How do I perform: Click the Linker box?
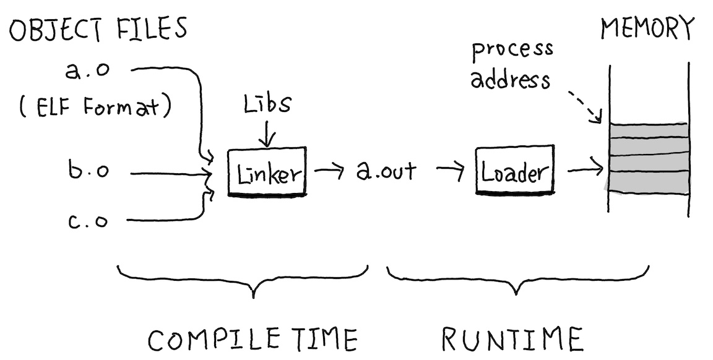click(x=267, y=171)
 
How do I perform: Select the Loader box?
click(x=514, y=171)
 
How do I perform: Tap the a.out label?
click(x=386, y=170)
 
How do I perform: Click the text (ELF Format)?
click(x=94, y=109)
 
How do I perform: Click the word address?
click(x=510, y=80)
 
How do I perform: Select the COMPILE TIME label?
click(x=253, y=338)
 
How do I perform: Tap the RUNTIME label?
click(x=512, y=338)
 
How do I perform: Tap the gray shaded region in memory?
click(x=647, y=158)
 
